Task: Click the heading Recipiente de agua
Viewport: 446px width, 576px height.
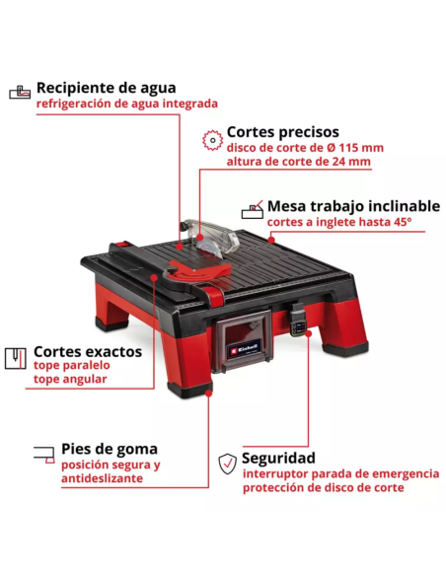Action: tap(107, 88)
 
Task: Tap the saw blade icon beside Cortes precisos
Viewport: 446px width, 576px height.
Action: tap(212, 140)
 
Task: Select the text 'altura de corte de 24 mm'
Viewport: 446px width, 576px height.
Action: tap(298, 162)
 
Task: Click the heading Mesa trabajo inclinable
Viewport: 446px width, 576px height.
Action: tap(353, 206)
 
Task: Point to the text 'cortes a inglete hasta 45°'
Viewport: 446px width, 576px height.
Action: tap(339, 222)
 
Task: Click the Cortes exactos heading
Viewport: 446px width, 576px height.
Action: tap(88, 351)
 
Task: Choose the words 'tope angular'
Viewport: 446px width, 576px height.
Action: tap(70, 379)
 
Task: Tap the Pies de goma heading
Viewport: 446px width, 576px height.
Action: tap(110, 449)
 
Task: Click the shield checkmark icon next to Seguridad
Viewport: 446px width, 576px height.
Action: tap(227, 464)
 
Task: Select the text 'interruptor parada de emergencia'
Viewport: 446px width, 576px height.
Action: tap(341, 473)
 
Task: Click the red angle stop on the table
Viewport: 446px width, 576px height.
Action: tap(198, 270)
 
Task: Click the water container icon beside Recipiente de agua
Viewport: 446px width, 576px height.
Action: tap(20, 92)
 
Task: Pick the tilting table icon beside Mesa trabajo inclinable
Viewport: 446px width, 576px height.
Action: tap(253, 210)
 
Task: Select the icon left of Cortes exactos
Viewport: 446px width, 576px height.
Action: tap(16, 358)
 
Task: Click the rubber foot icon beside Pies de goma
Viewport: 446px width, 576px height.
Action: tap(44, 455)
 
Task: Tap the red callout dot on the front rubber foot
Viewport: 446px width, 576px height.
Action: tap(208, 394)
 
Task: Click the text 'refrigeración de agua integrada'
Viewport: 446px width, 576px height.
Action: tap(127, 104)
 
